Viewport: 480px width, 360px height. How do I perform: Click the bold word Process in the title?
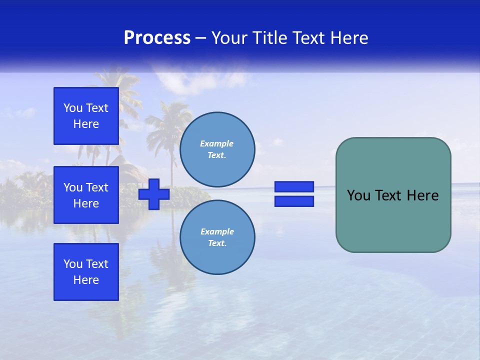tap(157, 38)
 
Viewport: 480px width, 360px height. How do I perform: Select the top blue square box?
tap(86, 116)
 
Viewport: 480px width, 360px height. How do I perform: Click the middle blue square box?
tap(86, 195)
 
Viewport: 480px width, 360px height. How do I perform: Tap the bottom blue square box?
tap(86, 272)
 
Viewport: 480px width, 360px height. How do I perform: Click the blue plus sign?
tap(154, 194)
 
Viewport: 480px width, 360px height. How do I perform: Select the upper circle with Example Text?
tap(217, 149)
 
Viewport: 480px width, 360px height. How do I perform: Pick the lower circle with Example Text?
tap(217, 237)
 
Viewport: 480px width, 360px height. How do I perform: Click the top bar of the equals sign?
tap(294, 186)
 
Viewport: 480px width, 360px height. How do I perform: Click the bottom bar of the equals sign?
tap(294, 201)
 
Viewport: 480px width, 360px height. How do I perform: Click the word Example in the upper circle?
tap(217, 143)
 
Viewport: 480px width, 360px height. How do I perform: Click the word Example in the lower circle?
tap(217, 231)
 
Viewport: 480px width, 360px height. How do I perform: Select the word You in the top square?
tap(73, 108)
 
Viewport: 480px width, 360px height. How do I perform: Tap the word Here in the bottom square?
tap(86, 280)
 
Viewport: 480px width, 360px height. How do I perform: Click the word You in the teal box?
tap(358, 195)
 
